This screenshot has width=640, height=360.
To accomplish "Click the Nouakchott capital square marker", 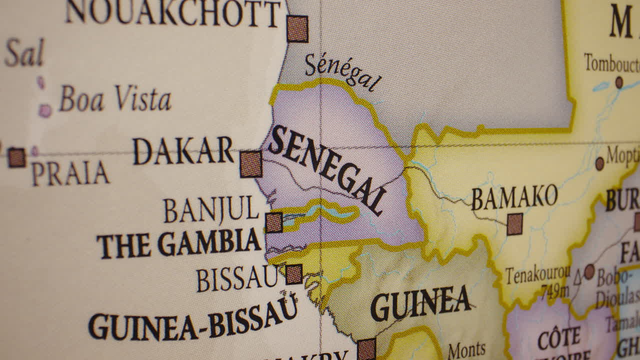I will point(297,28).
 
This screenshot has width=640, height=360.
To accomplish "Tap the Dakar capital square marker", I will point(251,164).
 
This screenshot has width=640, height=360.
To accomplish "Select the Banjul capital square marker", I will point(274,222).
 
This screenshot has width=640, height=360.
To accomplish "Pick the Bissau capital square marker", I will point(294,274).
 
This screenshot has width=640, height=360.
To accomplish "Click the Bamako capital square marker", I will point(515,224).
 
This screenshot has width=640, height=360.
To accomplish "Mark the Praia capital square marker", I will point(16,157).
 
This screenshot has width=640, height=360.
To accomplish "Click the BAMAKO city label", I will point(514,197).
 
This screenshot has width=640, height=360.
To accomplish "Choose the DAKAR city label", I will point(183,150).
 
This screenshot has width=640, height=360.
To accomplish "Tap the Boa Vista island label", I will point(115,98).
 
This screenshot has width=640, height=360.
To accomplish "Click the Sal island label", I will point(24,53).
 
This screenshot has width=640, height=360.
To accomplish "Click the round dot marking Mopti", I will point(600,163).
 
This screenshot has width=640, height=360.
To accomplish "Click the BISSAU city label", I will point(237,279).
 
